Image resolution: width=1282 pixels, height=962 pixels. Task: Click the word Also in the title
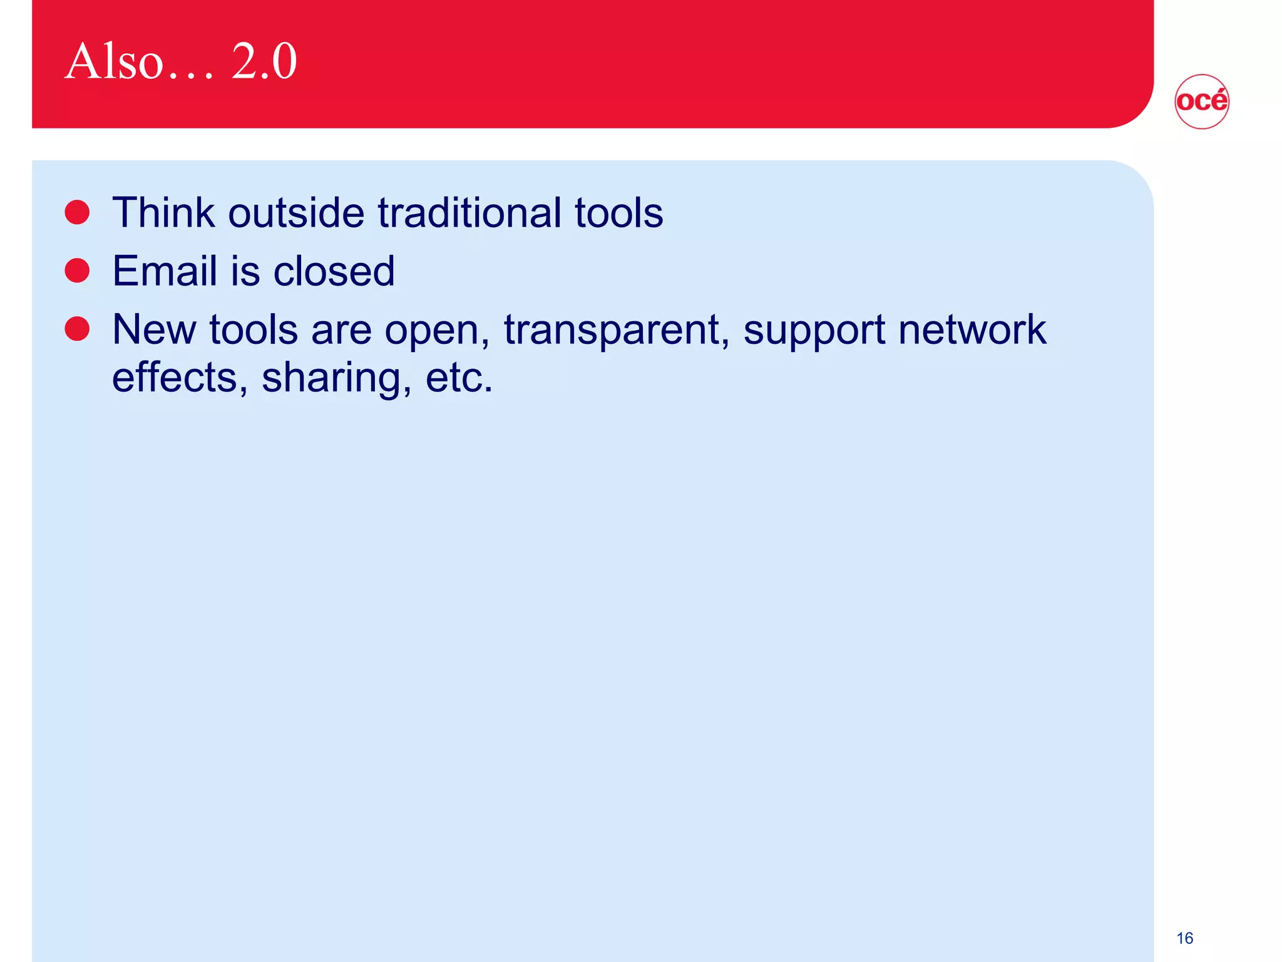point(114,61)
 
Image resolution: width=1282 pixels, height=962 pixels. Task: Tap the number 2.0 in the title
point(264,61)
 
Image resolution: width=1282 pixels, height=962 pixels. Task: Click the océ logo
point(1201,101)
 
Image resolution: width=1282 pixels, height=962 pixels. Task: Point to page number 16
point(1184,938)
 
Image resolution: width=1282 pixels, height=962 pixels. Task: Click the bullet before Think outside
point(77,212)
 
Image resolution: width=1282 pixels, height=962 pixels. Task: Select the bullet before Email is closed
point(77,271)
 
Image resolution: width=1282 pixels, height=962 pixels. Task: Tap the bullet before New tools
point(77,329)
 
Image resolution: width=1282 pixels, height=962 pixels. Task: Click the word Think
point(163,213)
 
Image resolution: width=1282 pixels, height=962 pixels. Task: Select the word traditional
point(469,213)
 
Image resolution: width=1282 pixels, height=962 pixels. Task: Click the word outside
point(296,213)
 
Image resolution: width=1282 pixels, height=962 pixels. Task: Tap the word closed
point(334,271)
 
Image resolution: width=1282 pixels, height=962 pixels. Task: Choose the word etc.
point(459,378)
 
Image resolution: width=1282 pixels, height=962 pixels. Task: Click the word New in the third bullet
point(153,329)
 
